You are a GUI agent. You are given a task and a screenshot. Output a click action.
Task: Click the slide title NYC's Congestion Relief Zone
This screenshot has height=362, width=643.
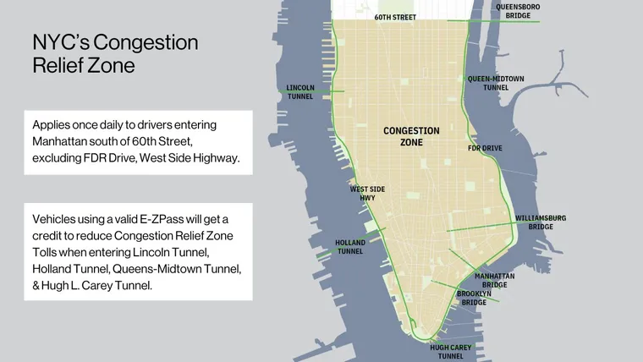(x=115, y=54)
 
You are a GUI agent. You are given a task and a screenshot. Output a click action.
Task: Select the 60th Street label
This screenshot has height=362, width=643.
(x=395, y=16)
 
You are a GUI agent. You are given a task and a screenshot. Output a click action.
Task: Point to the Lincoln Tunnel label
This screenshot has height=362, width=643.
(x=300, y=91)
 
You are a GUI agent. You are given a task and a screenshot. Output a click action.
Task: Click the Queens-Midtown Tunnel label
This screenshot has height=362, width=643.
(x=496, y=82)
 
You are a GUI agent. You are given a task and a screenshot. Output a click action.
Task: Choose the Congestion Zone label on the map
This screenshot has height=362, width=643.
(x=411, y=136)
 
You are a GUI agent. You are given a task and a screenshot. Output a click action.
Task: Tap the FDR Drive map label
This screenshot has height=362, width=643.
(x=485, y=148)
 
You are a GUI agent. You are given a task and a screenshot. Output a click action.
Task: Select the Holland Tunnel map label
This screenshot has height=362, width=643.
(x=350, y=246)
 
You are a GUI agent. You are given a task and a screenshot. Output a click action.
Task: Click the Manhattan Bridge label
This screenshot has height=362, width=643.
(x=494, y=280)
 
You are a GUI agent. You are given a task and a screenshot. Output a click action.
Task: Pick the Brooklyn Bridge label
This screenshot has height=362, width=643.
(x=472, y=298)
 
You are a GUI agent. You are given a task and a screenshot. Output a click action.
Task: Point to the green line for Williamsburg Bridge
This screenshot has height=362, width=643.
(x=482, y=226)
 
